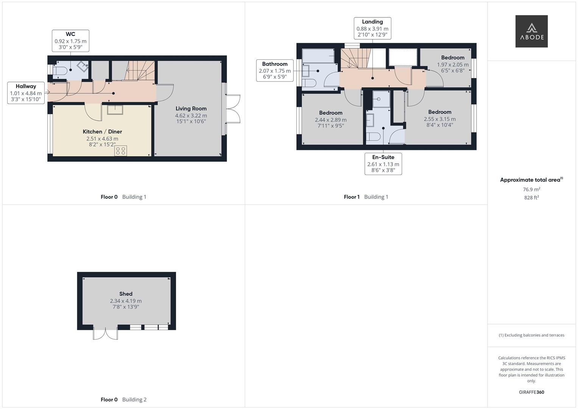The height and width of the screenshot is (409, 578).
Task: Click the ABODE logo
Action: [x=531, y=31]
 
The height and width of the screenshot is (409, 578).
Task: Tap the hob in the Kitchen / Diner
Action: [x=120, y=151]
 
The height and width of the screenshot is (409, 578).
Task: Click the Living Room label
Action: [x=191, y=109]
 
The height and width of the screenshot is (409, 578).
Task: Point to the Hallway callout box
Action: [x=26, y=93]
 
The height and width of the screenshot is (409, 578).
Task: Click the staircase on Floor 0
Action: [x=140, y=70]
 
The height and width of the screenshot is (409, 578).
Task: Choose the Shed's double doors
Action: [x=106, y=334]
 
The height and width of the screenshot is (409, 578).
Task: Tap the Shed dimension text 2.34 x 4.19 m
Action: [x=126, y=301]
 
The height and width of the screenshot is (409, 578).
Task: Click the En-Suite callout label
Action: [x=383, y=157]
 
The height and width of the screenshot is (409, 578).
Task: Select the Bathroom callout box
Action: [x=275, y=70]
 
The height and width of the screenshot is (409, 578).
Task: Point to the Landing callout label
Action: [x=372, y=22]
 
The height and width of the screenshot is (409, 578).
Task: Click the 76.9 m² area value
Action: [x=531, y=189]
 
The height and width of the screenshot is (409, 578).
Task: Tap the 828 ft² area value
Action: [x=531, y=198]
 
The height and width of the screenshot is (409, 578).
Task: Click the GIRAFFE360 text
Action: [x=531, y=392]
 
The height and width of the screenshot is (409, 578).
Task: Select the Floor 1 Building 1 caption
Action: [x=366, y=197]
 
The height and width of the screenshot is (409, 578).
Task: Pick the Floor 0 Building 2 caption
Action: [x=124, y=400]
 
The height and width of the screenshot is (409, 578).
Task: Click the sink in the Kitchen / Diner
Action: [x=115, y=109]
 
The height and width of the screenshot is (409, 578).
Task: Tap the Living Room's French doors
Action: [x=233, y=109]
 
